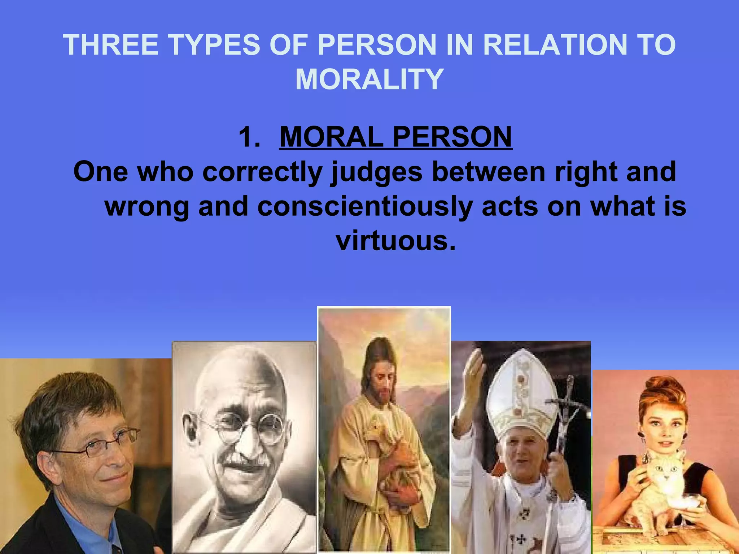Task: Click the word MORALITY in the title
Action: click(x=369, y=79)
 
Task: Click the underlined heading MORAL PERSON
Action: click(x=396, y=137)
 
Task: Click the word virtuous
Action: click(x=396, y=241)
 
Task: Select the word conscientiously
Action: click(x=365, y=206)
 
